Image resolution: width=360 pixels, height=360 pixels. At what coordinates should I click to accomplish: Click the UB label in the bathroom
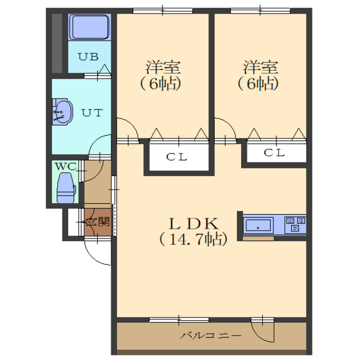click(88, 57)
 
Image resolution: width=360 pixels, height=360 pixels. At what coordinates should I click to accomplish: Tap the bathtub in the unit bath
click(90, 27)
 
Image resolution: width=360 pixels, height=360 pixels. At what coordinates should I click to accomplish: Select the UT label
click(92, 113)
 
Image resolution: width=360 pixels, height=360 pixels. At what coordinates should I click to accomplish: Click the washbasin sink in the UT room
click(62, 112)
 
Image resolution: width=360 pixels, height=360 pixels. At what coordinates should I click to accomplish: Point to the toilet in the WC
click(66, 188)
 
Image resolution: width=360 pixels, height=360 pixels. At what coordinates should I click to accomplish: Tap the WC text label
click(65, 166)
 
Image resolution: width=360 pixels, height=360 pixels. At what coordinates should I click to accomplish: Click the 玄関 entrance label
click(98, 222)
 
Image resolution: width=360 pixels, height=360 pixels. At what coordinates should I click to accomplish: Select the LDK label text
click(194, 224)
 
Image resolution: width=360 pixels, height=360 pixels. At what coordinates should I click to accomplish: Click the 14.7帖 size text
click(194, 239)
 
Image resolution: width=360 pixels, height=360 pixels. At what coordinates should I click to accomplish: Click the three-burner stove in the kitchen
click(295, 224)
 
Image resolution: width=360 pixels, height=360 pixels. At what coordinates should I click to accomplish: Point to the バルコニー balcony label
click(211, 336)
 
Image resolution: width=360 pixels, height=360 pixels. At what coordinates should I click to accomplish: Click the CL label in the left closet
click(177, 157)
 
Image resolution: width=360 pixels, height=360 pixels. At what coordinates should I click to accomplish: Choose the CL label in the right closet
click(274, 153)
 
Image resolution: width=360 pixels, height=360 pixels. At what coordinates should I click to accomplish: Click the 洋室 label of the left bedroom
click(163, 67)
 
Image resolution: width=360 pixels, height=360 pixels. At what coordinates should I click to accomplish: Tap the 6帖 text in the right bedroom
click(258, 84)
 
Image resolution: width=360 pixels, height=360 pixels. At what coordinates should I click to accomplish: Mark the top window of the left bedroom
click(163, 10)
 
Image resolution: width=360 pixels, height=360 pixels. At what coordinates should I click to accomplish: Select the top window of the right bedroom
click(260, 10)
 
